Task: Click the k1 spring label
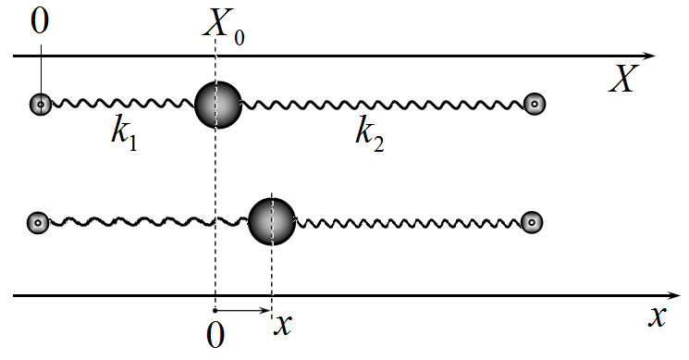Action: [124, 133]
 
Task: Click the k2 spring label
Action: [370, 133]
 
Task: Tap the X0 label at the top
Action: [224, 27]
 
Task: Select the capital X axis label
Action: [623, 79]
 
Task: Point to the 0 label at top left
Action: [40, 21]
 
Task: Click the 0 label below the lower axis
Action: [215, 335]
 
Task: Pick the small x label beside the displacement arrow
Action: [283, 326]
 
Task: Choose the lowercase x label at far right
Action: [658, 317]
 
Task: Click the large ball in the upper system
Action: [218, 105]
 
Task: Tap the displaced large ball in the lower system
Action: [272, 221]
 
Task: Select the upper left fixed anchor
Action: [41, 105]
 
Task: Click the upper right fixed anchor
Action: [535, 105]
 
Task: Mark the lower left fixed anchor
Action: [38, 223]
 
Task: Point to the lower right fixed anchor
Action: [532, 222]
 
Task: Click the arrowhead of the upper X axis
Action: [649, 56]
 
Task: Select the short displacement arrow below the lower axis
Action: [241, 311]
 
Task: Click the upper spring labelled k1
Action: [124, 105]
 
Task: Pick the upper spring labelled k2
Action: [383, 105]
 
